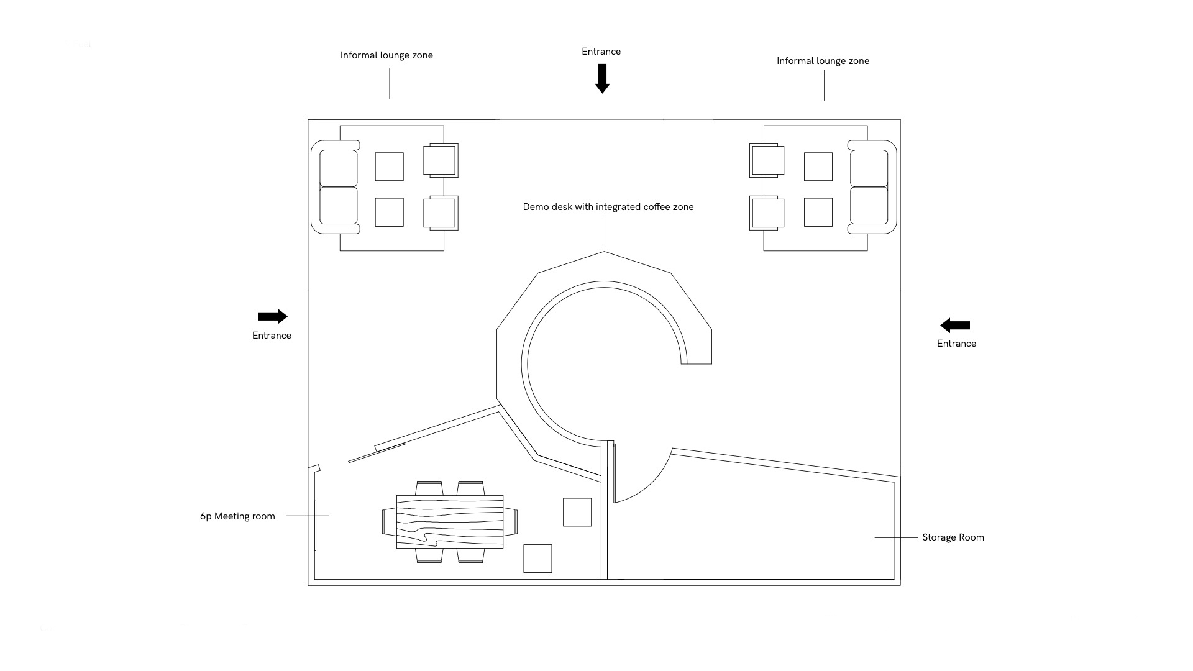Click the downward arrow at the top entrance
[x=601, y=78]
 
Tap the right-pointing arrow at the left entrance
[x=272, y=316]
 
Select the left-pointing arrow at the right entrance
[x=955, y=325]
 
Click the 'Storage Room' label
[x=953, y=537]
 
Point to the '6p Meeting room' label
[x=237, y=516]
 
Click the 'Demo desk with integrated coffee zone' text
[x=608, y=207]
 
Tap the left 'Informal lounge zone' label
[x=386, y=55]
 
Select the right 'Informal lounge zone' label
[x=823, y=61]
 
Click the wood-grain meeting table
[x=450, y=521]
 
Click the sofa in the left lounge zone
[x=336, y=187]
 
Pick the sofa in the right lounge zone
[x=872, y=187]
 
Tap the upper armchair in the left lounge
[x=441, y=160]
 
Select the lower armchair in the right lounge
[x=767, y=213]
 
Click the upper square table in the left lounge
[x=389, y=167]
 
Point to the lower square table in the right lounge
[x=818, y=212]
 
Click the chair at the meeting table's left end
[x=389, y=521]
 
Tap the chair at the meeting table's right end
[x=510, y=521]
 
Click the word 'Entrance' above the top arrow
[x=601, y=52]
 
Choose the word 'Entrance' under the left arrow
[x=272, y=335]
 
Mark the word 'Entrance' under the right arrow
[x=956, y=344]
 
